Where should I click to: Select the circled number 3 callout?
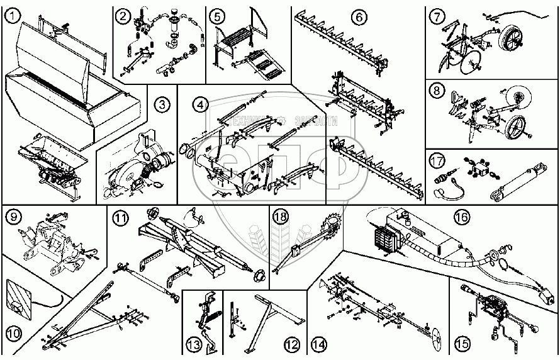click(x=162, y=104)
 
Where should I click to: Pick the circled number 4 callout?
click(x=199, y=103)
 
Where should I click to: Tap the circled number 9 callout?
click(x=13, y=218)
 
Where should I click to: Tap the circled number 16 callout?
click(x=461, y=217)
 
